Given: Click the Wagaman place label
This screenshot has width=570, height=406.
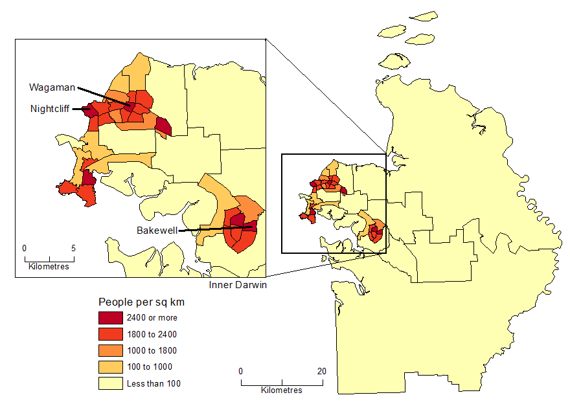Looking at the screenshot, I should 52,87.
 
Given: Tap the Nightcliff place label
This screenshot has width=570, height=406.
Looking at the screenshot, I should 49,109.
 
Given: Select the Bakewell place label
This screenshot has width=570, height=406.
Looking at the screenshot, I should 157,231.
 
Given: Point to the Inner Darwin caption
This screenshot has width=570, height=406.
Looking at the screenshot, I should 238,285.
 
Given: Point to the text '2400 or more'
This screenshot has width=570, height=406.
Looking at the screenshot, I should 152,318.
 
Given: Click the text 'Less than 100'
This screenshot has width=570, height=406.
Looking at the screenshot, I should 154,383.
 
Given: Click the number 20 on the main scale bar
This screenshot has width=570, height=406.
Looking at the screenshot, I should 321,371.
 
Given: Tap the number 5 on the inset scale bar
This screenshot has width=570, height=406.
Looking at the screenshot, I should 73,248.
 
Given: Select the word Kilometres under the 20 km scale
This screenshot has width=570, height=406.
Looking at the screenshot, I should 282,390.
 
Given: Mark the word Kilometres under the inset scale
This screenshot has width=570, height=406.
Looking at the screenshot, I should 49,266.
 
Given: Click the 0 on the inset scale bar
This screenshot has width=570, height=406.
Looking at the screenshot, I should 24,248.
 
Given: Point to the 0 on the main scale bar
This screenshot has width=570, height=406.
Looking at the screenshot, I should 241,371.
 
